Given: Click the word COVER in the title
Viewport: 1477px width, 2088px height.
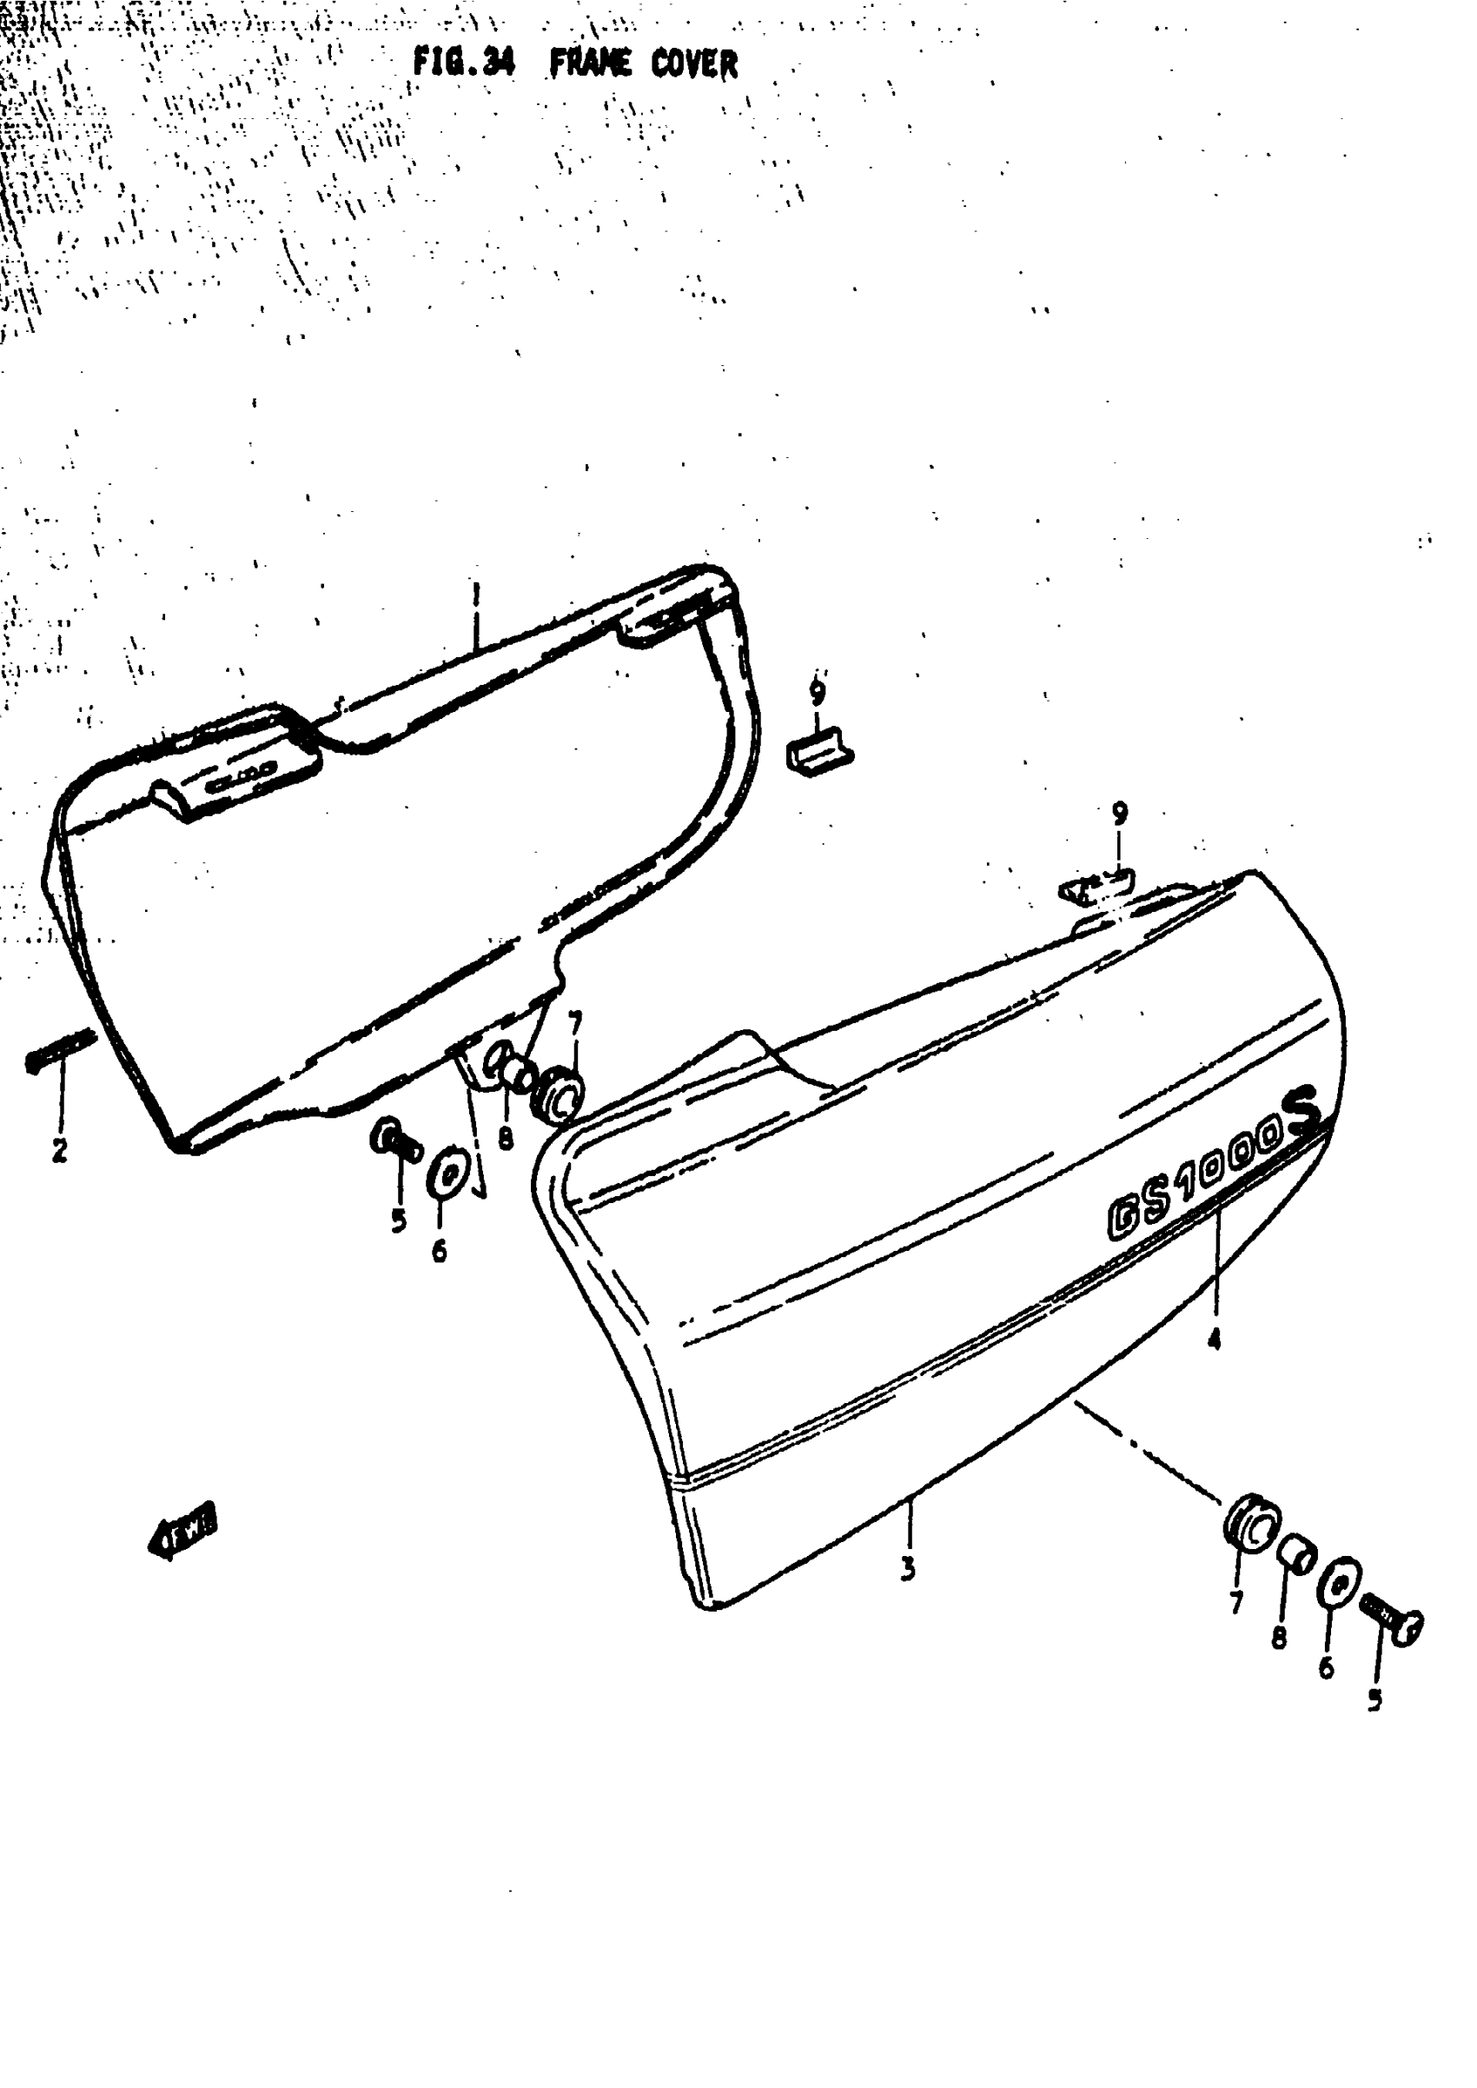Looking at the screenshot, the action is [694, 64].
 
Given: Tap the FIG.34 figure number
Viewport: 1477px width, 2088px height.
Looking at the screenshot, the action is [464, 63].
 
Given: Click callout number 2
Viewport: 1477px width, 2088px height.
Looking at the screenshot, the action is [59, 1150].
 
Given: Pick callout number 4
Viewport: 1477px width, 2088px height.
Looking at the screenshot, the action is [1214, 1339].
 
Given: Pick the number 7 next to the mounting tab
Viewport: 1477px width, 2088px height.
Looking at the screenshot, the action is [574, 1023].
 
